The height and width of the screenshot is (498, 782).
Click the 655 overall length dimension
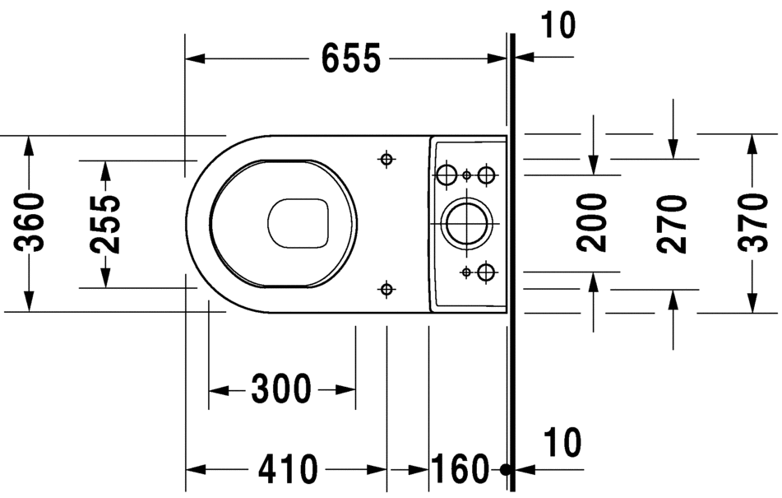click(350, 58)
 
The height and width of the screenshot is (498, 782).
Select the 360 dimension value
click(30, 222)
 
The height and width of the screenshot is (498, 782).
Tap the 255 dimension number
click(105, 224)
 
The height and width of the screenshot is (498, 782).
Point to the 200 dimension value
click(592, 222)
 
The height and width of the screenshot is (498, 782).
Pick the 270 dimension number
click(673, 224)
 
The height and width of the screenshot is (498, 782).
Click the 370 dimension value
click(751, 224)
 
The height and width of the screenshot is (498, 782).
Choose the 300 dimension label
click(281, 389)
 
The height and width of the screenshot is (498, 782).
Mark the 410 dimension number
click(288, 469)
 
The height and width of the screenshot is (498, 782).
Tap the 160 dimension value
click(460, 469)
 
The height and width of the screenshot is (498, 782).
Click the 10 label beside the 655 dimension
click(558, 26)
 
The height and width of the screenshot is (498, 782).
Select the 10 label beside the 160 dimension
click(562, 442)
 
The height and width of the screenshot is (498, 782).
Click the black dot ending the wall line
click(507, 469)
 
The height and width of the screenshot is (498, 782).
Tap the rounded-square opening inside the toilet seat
click(299, 222)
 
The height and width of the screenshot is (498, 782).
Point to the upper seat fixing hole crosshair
click(386, 159)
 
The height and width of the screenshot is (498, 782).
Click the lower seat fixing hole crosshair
click(386, 287)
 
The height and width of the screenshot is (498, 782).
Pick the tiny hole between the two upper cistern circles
click(466, 175)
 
